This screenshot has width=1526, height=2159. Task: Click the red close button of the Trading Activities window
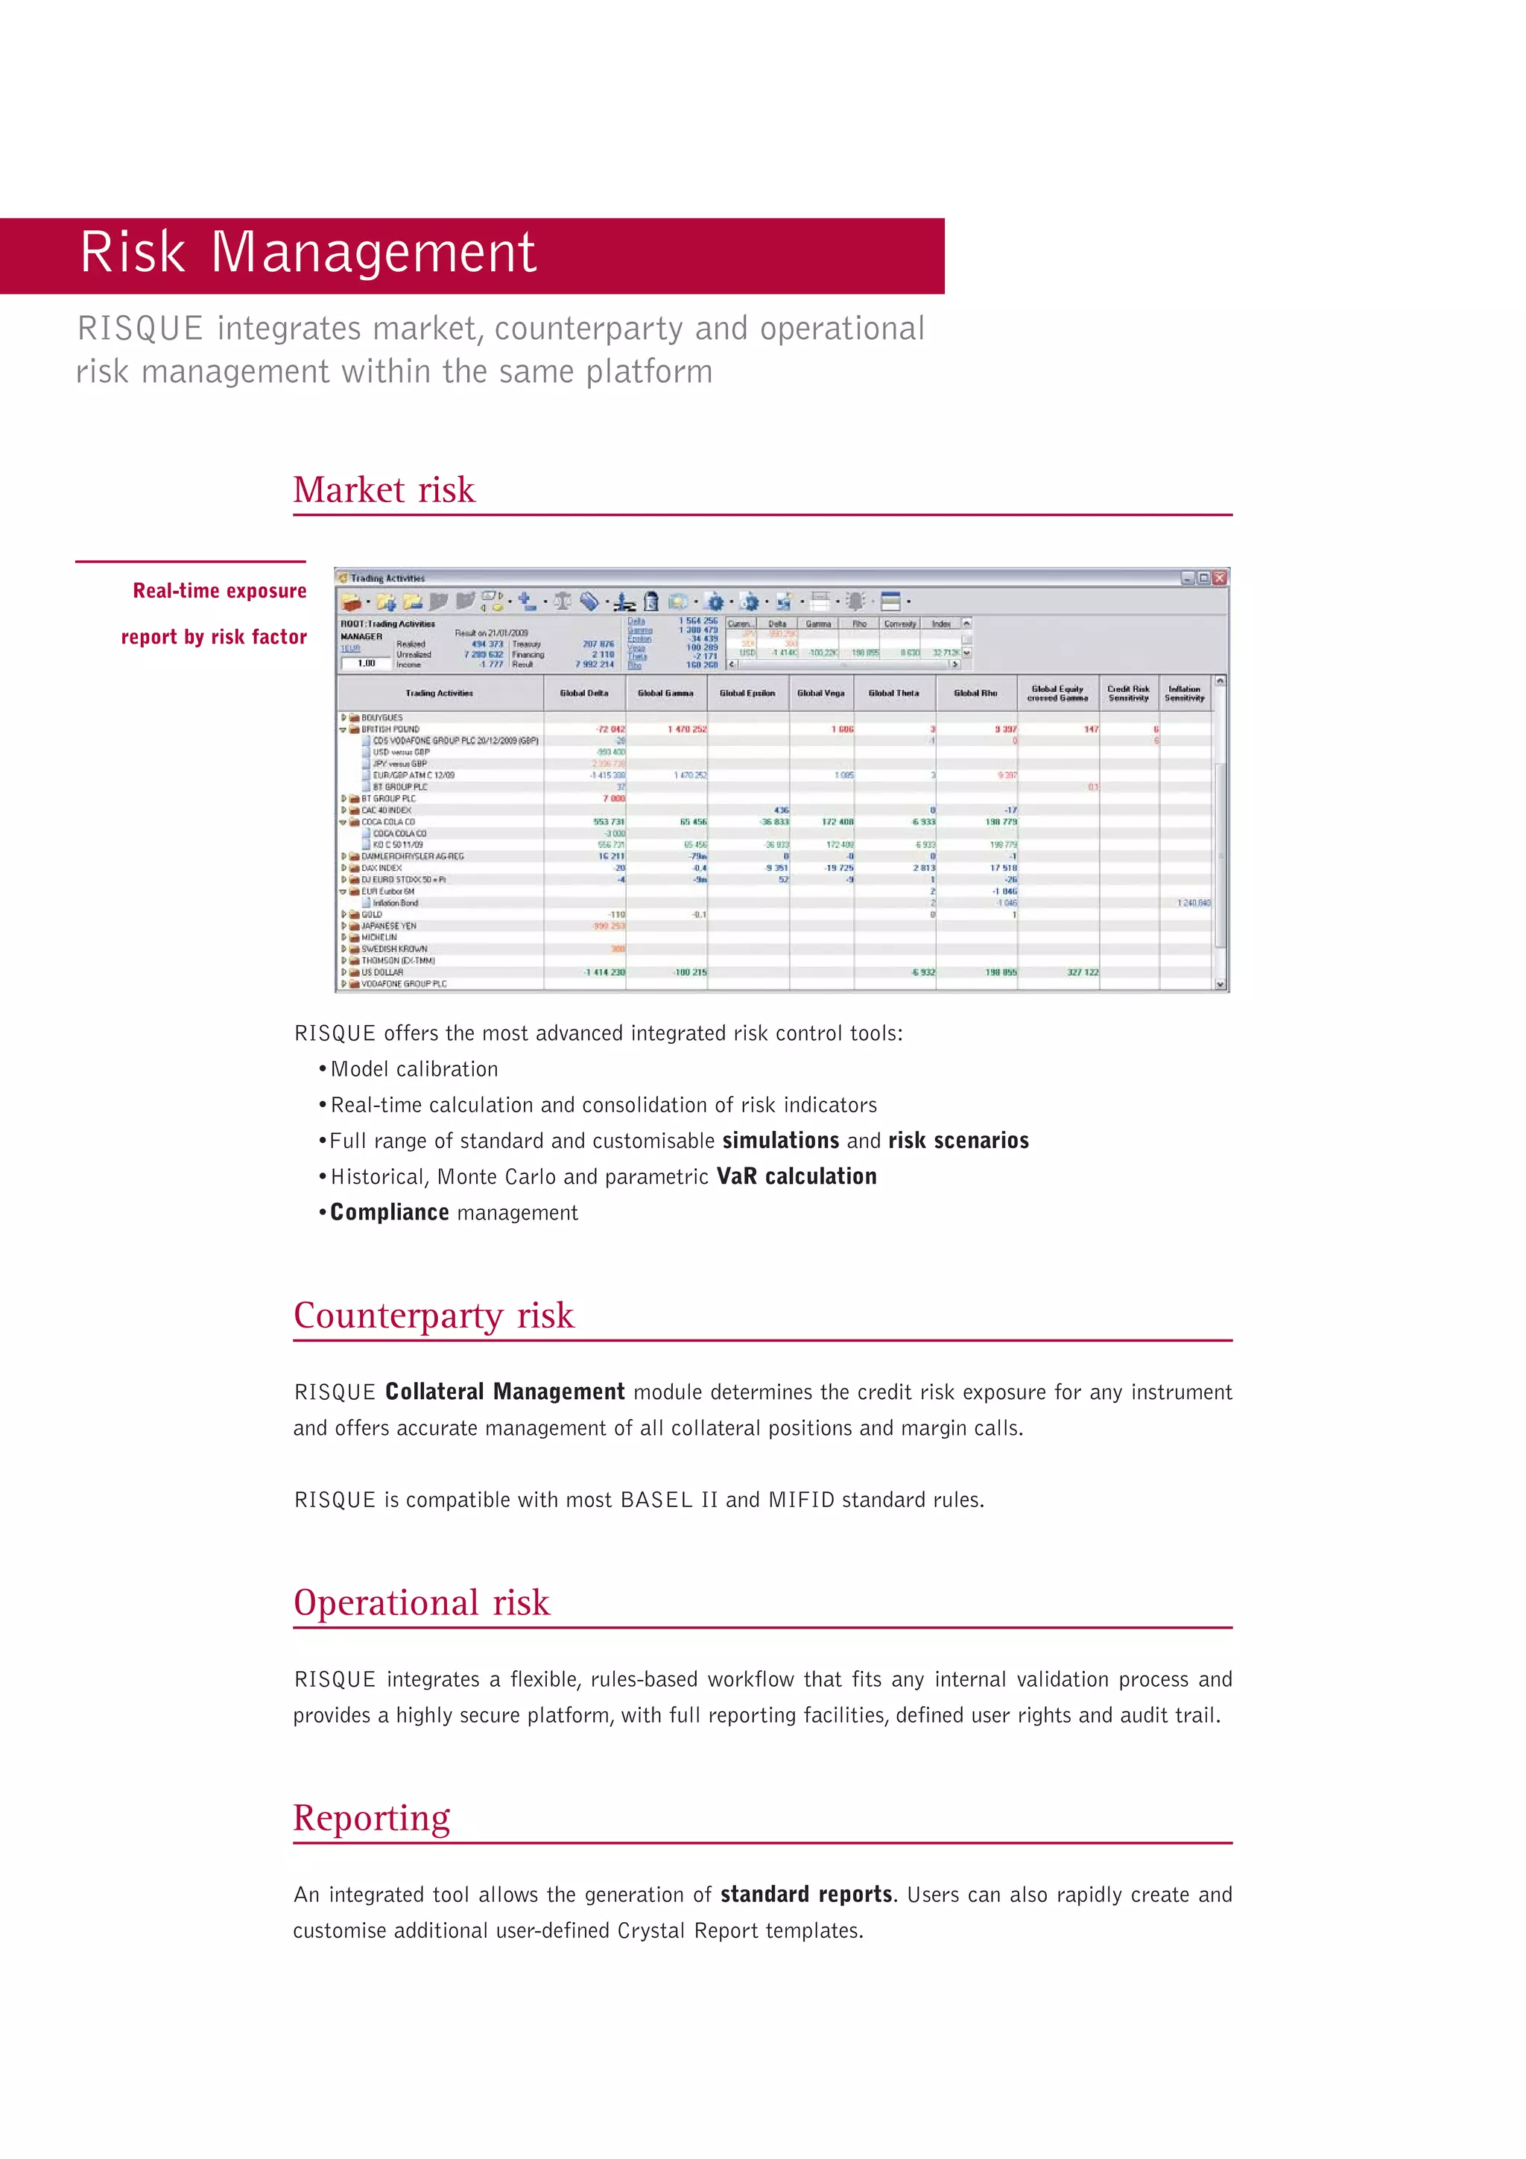tap(1220, 578)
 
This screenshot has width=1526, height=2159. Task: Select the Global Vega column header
tap(821, 693)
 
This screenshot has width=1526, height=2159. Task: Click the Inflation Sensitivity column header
tap(1184, 693)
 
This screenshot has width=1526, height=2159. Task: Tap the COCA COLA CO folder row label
tap(388, 822)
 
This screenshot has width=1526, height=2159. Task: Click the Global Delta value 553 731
tap(608, 822)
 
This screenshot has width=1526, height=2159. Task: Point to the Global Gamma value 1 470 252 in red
tap(687, 729)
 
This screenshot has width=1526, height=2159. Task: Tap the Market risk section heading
tap(384, 490)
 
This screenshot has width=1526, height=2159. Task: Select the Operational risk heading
tap(421, 1602)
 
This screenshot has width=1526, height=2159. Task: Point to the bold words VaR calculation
tap(797, 1176)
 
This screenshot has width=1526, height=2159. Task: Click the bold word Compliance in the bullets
tap(389, 1212)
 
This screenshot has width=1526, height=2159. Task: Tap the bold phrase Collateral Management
tap(505, 1392)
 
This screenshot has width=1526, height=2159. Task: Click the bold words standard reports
tap(805, 1895)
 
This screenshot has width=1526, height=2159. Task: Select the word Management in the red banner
tap(373, 253)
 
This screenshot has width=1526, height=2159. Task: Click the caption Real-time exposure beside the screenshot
tap(219, 591)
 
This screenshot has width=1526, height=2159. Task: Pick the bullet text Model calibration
tap(414, 1069)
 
